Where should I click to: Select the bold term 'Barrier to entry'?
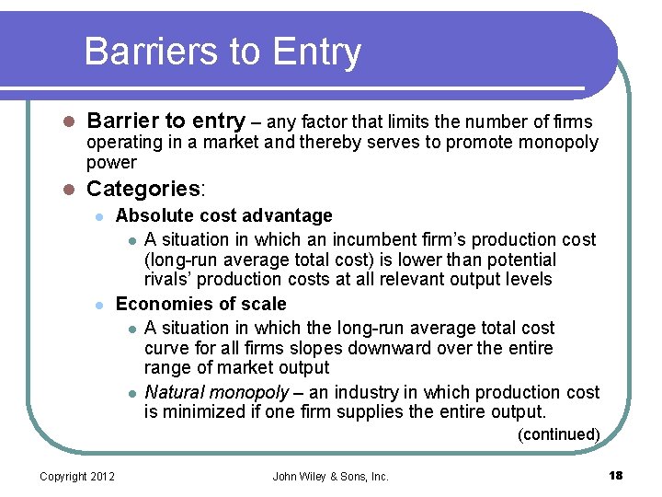[165, 121]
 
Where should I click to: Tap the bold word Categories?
[143, 190]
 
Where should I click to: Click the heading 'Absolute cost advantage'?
[223, 216]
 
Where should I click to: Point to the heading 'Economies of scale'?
[200, 305]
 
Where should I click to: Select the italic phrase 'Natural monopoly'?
[216, 393]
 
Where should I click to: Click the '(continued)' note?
[558, 434]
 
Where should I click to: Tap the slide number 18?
[615, 476]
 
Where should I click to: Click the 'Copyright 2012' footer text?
[77, 477]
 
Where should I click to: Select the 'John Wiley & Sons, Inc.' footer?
[331, 477]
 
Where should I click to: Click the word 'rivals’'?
[171, 280]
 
